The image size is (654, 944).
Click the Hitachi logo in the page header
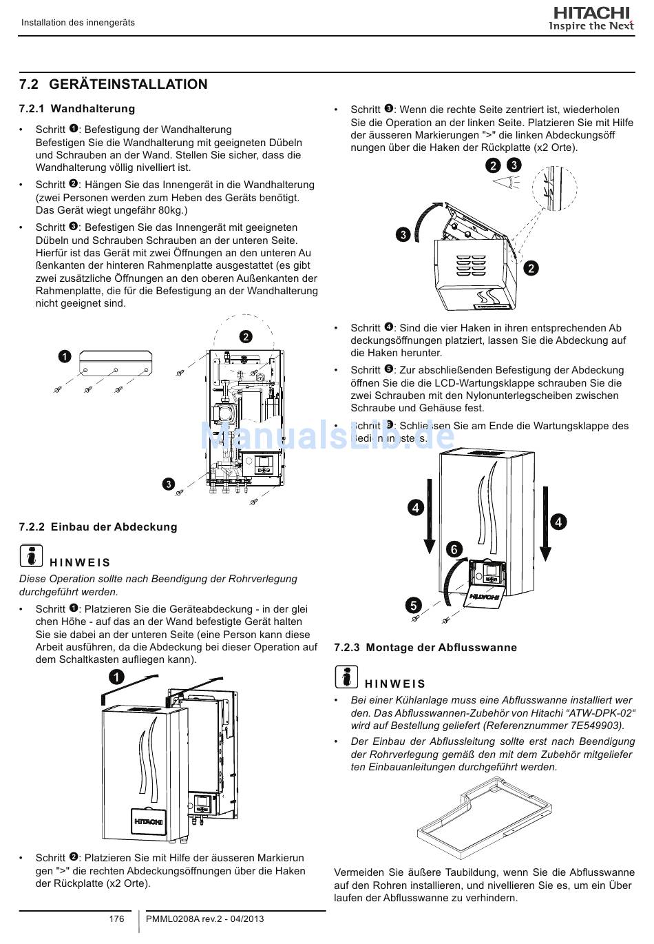[589, 14]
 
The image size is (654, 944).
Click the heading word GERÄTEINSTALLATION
[128, 84]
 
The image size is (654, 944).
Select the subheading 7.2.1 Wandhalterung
[77, 109]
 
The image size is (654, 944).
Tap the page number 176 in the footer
[117, 919]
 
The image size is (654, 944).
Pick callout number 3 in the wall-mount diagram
[168, 483]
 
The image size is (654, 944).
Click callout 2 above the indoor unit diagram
[246, 337]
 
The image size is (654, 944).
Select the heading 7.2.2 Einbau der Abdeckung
[98, 527]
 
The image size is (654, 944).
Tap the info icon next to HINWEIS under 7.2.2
[30, 555]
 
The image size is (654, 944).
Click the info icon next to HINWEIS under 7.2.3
[346, 677]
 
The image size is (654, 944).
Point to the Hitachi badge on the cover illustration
[149, 821]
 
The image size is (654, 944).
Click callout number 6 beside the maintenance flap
[454, 549]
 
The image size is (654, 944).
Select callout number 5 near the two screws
[412, 606]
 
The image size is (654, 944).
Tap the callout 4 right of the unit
[558, 522]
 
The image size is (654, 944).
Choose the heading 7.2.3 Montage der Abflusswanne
[425, 648]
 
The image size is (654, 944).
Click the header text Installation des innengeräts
[78, 23]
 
